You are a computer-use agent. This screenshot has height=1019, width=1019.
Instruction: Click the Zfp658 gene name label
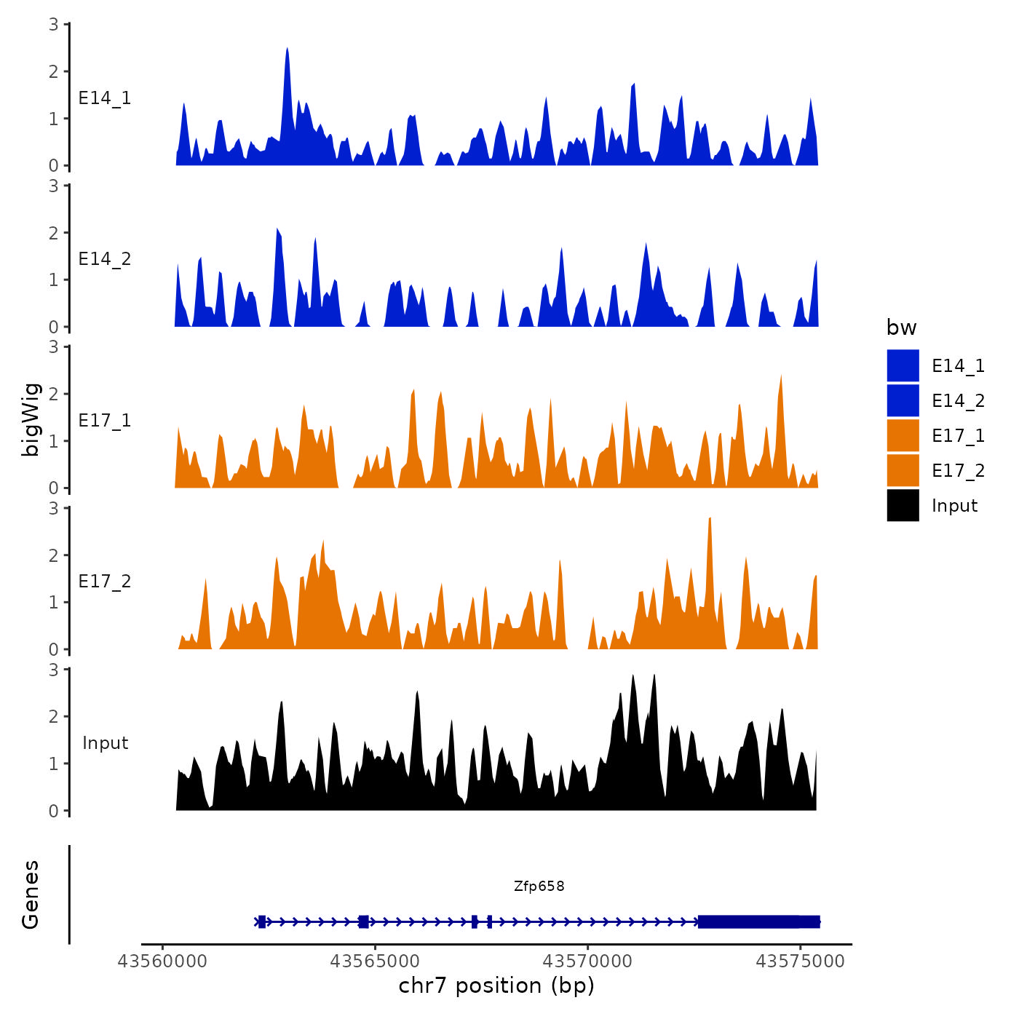(x=539, y=886)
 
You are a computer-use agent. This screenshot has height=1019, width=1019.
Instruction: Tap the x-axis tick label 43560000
(x=162, y=961)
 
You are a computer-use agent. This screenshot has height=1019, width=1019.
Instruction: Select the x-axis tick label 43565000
(x=375, y=961)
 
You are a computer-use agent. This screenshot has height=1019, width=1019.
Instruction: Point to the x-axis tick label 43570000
(x=588, y=961)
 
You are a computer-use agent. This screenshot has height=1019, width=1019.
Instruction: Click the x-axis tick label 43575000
(x=801, y=961)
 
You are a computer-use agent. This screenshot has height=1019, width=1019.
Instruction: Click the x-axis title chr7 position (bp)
(x=496, y=986)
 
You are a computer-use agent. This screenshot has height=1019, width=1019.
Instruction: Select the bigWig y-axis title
(x=31, y=420)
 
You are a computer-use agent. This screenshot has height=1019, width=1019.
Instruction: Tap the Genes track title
(x=31, y=895)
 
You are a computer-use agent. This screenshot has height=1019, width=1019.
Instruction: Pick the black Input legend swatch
(x=903, y=506)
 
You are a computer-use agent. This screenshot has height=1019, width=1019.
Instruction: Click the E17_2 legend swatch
(x=903, y=471)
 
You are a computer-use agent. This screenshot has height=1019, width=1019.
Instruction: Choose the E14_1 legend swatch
(x=903, y=365)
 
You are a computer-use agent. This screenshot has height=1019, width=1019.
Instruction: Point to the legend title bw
(x=901, y=328)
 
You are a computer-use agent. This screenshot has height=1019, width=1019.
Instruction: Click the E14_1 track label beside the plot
(x=105, y=98)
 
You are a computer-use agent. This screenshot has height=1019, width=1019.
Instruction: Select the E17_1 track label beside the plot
(x=105, y=421)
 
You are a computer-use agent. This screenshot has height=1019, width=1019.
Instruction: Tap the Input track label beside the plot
(x=105, y=743)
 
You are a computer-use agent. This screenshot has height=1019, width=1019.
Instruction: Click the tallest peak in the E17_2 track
(x=710, y=520)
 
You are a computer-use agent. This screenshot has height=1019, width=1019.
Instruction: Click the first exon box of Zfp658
(x=262, y=921)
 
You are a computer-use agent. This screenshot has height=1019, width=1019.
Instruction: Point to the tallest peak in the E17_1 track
(x=781, y=378)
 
